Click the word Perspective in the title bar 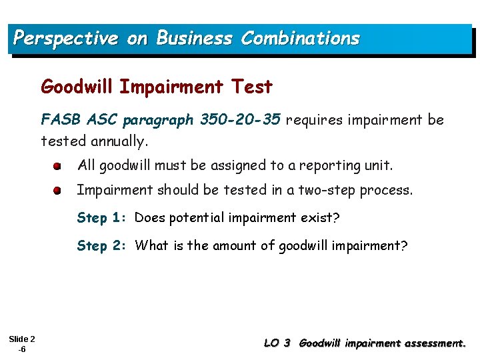[x=65, y=39]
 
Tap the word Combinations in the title [x=300, y=39]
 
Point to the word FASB [x=58, y=120]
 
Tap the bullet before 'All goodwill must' [x=59, y=165]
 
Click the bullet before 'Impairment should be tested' [x=59, y=191]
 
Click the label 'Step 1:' [x=102, y=218]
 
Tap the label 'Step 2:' [x=102, y=246]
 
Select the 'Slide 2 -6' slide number [x=22, y=344]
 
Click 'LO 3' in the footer [x=277, y=344]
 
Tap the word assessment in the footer [x=431, y=344]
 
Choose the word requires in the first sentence [x=311, y=120]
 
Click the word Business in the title [x=194, y=39]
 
